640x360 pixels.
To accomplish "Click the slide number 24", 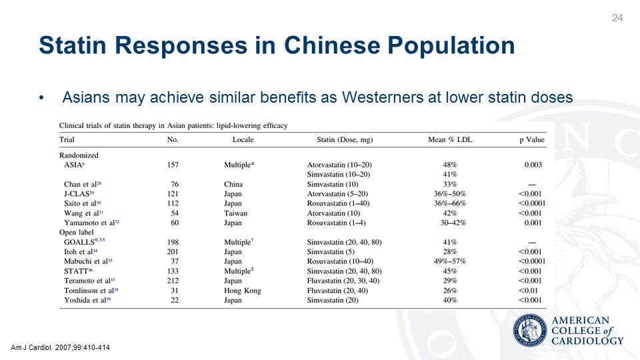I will point(617,17).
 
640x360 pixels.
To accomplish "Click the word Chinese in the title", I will point(332,45).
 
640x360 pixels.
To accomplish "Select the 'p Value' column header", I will point(532,140).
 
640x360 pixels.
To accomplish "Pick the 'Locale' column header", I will point(243,140).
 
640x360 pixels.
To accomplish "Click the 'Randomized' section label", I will point(79,155).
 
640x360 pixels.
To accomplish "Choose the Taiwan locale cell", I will point(235,213).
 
